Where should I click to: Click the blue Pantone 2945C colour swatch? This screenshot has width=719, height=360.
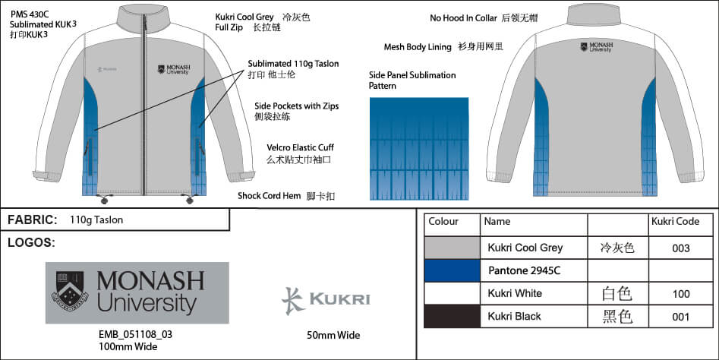[x=452, y=270]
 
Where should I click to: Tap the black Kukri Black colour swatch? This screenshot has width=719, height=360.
[x=452, y=317]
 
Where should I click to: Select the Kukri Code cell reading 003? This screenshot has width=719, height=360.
[x=680, y=248]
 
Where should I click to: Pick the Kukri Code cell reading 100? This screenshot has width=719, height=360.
[x=680, y=294]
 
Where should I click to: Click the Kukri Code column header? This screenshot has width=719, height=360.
[x=675, y=222]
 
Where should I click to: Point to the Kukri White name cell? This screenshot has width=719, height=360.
[x=515, y=293]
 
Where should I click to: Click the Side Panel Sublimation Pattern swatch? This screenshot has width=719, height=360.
[x=419, y=149]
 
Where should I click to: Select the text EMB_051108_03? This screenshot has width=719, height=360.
[x=135, y=334]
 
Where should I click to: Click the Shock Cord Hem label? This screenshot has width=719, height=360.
[x=270, y=196]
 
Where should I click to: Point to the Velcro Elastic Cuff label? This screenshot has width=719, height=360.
[x=301, y=147]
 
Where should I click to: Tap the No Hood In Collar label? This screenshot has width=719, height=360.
[x=464, y=18]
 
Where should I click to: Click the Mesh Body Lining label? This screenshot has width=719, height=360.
[x=418, y=47]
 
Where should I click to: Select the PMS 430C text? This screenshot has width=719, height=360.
[x=30, y=14]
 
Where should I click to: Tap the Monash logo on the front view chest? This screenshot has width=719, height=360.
[x=174, y=69]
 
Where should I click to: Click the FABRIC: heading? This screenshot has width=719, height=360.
[x=33, y=219]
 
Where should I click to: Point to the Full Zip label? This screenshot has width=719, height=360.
[x=229, y=27]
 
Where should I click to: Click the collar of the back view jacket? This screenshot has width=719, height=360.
[x=594, y=14]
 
